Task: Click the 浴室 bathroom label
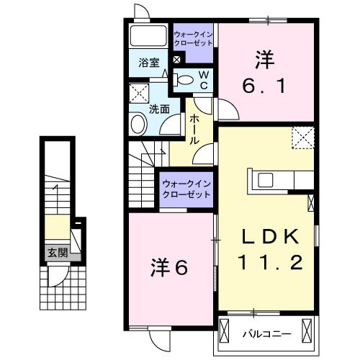[149, 63]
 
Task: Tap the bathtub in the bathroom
[148, 35]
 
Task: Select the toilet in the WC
[183, 80]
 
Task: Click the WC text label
[204, 81]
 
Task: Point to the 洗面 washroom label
[159, 109]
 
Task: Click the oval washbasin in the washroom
[138, 125]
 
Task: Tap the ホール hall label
[194, 130]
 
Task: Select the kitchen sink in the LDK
[265, 180]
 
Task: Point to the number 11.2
[270, 262]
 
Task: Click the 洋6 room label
[169, 268]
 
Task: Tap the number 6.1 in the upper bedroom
[264, 86]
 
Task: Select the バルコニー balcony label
[267, 334]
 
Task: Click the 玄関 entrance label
[58, 253]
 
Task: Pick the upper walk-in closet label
[193, 39]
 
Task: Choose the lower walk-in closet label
[186, 189]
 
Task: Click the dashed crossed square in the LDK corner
[303, 138]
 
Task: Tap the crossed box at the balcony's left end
[224, 330]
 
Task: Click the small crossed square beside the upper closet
[176, 60]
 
